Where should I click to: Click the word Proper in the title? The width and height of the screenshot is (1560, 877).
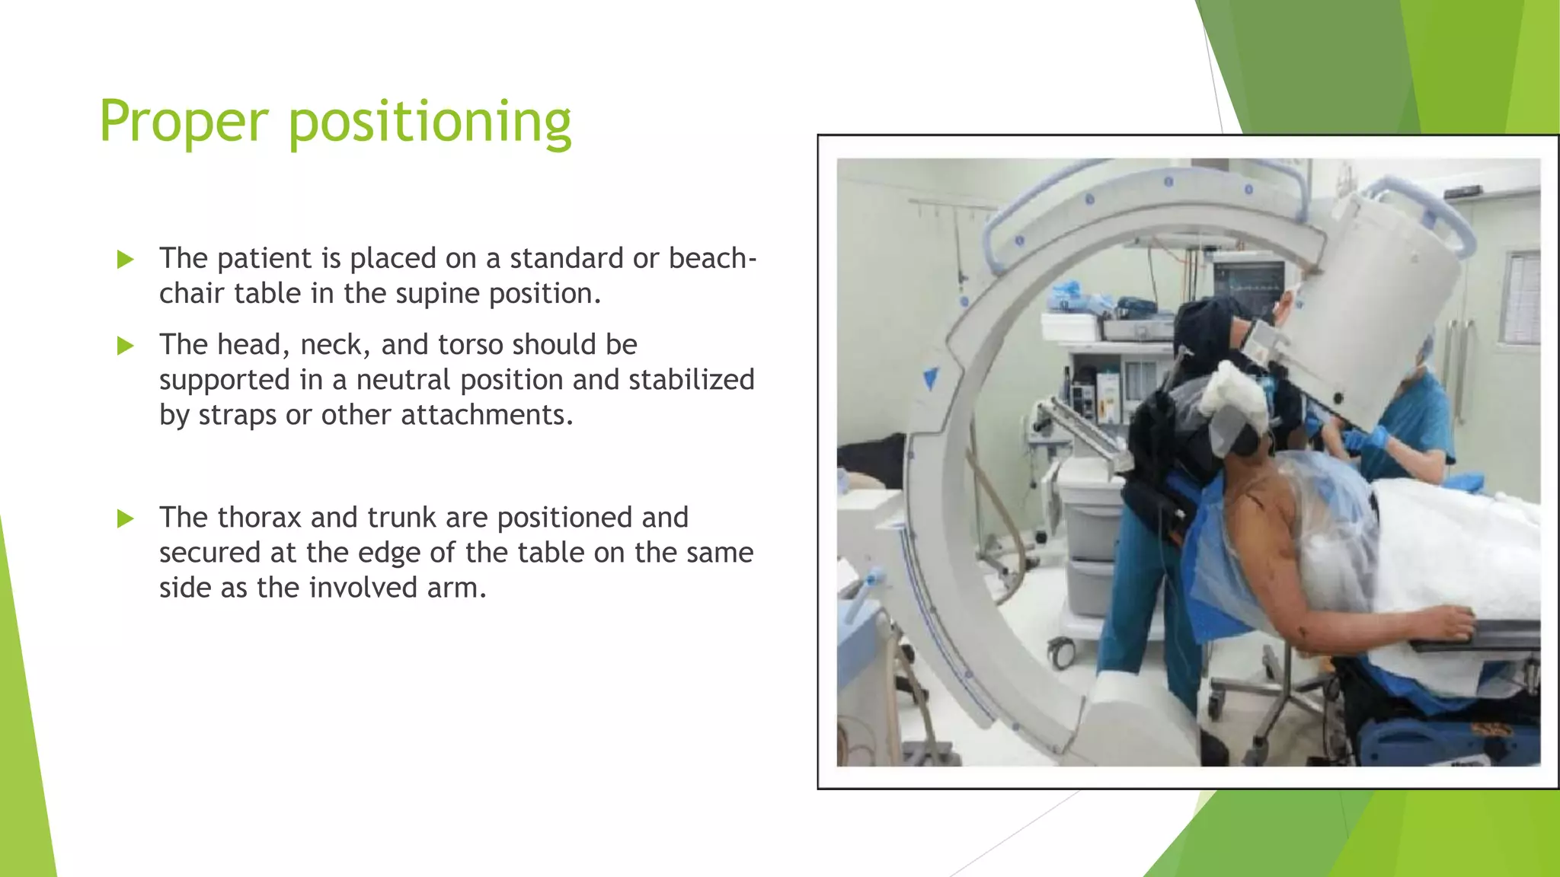[x=184, y=122]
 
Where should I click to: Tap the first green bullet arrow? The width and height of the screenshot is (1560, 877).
[x=126, y=260]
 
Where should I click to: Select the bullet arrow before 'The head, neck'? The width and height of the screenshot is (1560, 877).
[x=126, y=346]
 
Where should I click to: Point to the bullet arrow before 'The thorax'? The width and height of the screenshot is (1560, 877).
[x=126, y=519]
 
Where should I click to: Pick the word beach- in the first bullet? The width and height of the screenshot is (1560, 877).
[x=712, y=259]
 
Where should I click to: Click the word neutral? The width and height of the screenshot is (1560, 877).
[x=403, y=380]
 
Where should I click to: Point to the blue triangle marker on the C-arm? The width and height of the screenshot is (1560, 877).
[x=931, y=378]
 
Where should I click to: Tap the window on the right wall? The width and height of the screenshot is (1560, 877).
[x=1520, y=297]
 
